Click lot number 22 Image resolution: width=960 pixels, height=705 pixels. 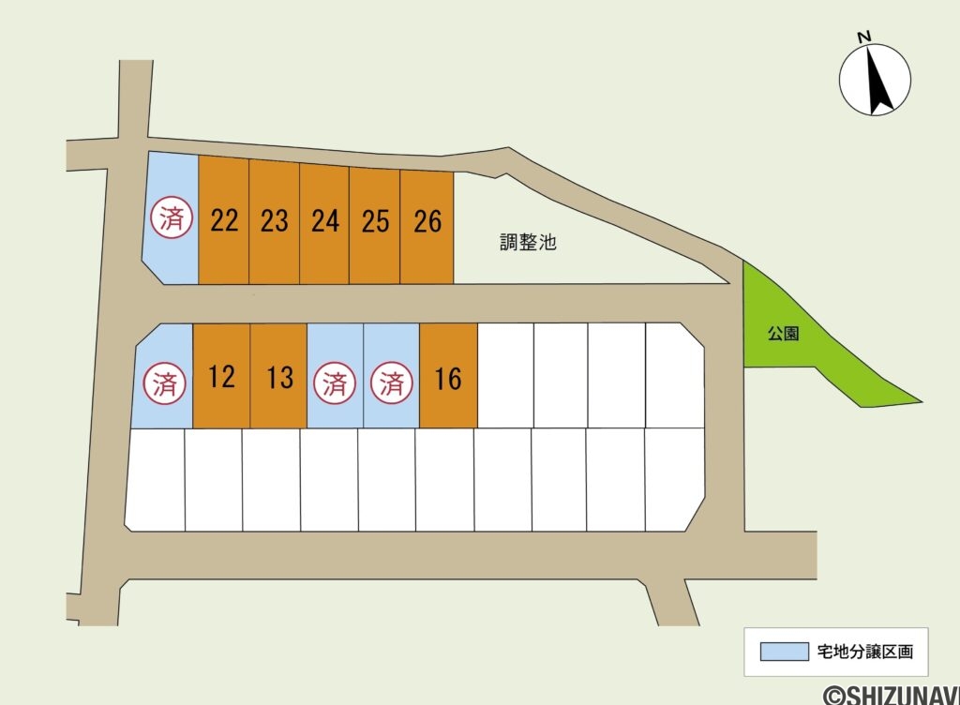pyautogui.click(x=224, y=220)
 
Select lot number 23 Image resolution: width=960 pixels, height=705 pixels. pyautogui.click(x=275, y=221)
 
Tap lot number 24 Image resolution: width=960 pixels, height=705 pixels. pyautogui.click(x=325, y=221)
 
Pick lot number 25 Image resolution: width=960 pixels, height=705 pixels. pyautogui.click(x=375, y=221)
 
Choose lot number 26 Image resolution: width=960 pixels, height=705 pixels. pyautogui.click(x=427, y=221)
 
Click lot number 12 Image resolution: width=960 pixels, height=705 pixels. pyautogui.click(x=221, y=376)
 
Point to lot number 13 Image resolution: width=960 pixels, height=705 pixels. pyautogui.click(x=279, y=378)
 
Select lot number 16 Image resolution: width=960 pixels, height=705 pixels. pyautogui.click(x=447, y=379)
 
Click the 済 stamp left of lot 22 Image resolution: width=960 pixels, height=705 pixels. pyautogui.click(x=172, y=217)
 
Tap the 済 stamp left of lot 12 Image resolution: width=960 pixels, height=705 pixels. pyautogui.click(x=165, y=383)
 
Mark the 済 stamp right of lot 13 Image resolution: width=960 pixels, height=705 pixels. pyautogui.click(x=335, y=383)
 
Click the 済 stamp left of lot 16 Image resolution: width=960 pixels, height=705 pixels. pyautogui.click(x=391, y=383)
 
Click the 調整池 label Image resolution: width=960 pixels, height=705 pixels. pyautogui.click(x=528, y=242)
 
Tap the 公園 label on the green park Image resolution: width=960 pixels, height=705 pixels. pyautogui.click(x=783, y=334)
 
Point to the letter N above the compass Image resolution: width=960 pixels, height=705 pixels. pyautogui.click(x=863, y=37)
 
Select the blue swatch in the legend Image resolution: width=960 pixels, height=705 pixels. pyautogui.click(x=785, y=652)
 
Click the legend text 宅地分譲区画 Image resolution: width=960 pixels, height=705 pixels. pyautogui.click(x=865, y=652)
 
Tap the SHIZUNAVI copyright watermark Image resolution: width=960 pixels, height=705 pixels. pyautogui.click(x=892, y=696)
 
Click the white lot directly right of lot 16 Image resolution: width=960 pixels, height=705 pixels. pyautogui.click(x=505, y=375)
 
